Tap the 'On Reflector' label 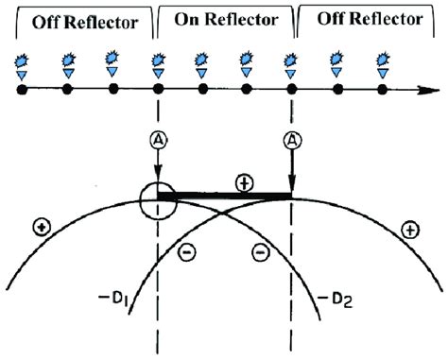pos(224,19)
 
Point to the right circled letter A pos(291,140)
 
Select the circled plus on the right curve pos(407,228)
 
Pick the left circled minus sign pos(187,252)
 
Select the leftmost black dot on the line pos(21,91)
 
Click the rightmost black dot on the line pos(381,91)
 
